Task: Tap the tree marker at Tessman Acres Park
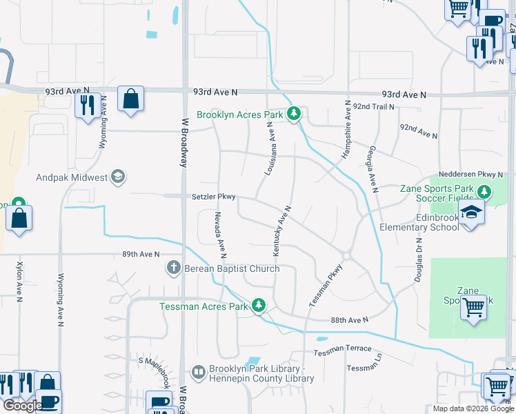(x=259, y=305)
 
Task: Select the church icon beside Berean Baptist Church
(x=174, y=268)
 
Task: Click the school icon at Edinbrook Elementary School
(x=471, y=212)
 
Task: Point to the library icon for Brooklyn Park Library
(x=199, y=373)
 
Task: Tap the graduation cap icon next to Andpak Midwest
(x=118, y=177)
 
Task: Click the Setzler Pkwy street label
(x=214, y=197)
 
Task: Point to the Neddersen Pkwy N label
(x=474, y=176)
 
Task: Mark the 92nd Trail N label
(x=373, y=107)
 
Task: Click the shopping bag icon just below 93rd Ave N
(x=130, y=99)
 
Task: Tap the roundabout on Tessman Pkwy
(x=346, y=256)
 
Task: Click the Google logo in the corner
(x=23, y=406)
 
